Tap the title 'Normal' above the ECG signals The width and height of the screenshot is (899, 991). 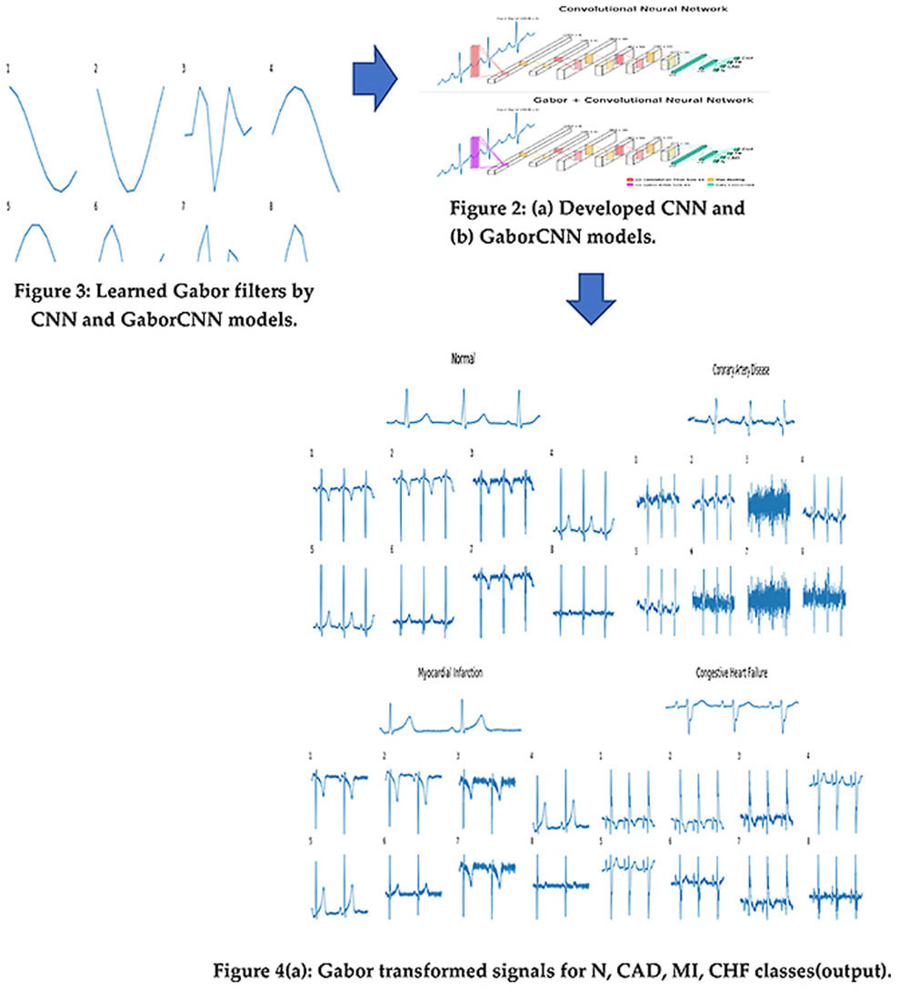(x=463, y=358)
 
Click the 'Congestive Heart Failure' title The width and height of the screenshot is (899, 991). (x=732, y=674)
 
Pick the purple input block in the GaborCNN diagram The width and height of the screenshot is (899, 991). (x=474, y=153)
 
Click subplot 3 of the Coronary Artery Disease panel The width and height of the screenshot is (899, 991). (x=768, y=505)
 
